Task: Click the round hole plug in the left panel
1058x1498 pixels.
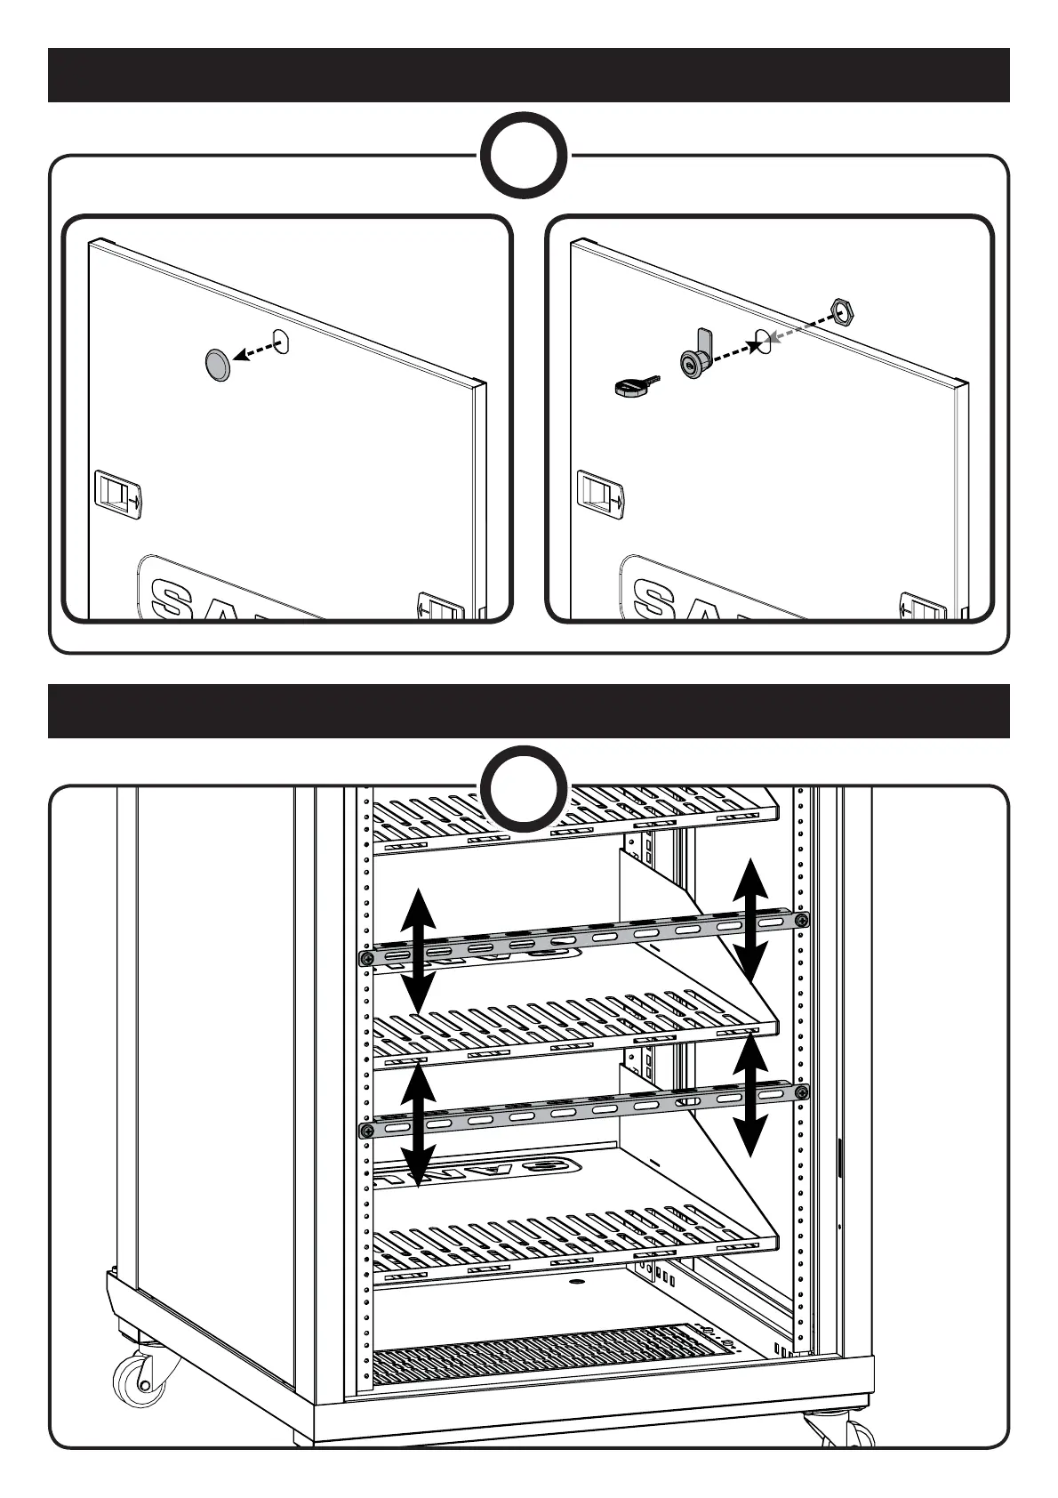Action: point(217,365)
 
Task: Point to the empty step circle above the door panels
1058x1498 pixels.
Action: point(525,157)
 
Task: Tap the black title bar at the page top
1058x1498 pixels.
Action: point(528,76)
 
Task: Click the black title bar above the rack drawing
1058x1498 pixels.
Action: point(528,711)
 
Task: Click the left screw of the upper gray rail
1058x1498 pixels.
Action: point(365,958)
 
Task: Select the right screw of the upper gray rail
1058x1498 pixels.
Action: point(802,920)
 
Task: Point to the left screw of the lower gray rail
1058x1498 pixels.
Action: point(365,1131)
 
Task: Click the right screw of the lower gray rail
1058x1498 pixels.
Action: point(802,1092)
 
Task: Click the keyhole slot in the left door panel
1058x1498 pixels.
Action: point(283,342)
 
